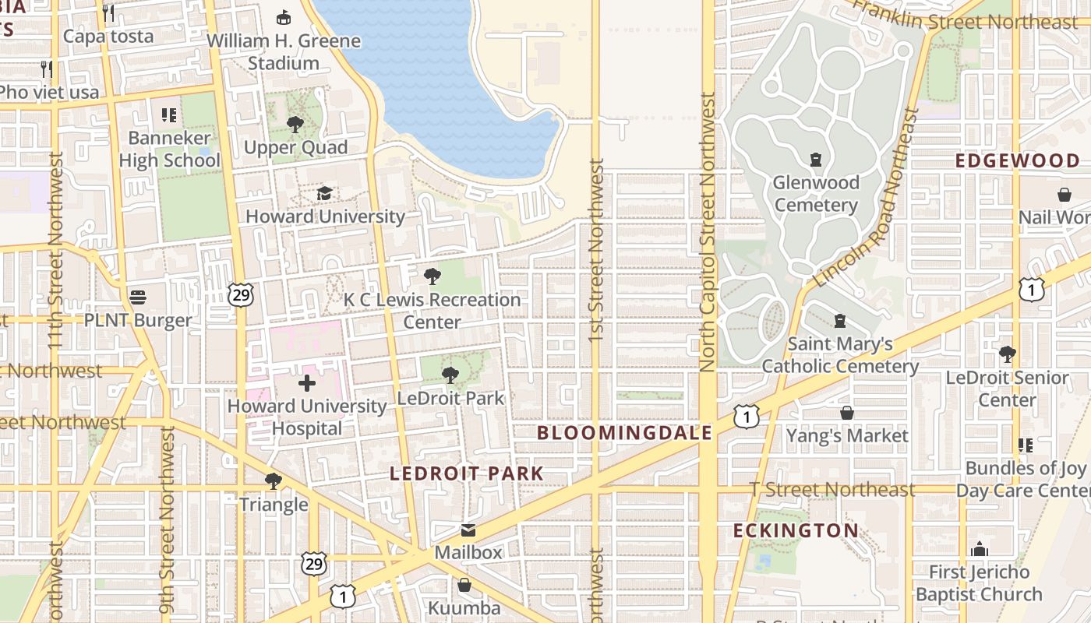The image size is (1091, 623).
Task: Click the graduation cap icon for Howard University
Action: tap(324, 193)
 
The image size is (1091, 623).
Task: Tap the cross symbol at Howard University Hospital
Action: tap(307, 382)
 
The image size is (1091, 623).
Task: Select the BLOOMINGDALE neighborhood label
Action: tap(625, 433)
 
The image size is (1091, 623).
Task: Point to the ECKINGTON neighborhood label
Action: tap(796, 531)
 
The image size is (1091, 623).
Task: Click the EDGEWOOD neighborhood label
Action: tap(1018, 161)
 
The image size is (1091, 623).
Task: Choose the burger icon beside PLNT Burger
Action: tap(139, 297)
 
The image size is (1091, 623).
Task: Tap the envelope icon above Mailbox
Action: tap(468, 530)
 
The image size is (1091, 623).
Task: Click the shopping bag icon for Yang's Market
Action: tap(847, 413)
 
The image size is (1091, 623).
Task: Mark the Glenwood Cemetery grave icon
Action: tap(816, 160)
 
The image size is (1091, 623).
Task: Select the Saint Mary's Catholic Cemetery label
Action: tap(840, 355)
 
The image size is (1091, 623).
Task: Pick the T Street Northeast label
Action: tap(831, 490)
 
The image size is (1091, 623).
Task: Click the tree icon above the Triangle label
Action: tap(273, 480)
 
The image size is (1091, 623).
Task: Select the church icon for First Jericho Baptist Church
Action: tap(979, 549)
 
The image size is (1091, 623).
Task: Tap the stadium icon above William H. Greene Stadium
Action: tap(284, 17)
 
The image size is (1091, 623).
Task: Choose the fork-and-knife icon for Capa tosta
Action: tap(108, 12)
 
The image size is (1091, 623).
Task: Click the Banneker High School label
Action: tap(170, 150)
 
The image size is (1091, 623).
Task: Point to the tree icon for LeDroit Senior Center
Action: tap(1007, 354)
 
